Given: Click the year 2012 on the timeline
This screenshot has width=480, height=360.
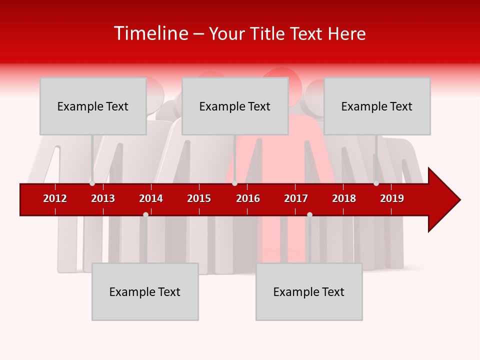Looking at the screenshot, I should [55, 198].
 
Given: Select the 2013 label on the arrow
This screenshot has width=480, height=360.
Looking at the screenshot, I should [103, 198].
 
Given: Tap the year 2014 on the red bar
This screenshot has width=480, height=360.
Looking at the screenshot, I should [151, 198].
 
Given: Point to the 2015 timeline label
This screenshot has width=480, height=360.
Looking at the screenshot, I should [199, 198].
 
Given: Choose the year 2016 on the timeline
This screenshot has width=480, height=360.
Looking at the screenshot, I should [248, 198].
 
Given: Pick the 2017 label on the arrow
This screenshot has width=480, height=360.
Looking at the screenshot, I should [296, 198].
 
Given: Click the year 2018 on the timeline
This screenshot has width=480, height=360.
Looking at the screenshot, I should [344, 198].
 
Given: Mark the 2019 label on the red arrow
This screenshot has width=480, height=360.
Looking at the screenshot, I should [392, 198].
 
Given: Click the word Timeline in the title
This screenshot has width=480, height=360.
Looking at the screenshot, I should [150, 33].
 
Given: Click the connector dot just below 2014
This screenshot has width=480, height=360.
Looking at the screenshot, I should [145, 214].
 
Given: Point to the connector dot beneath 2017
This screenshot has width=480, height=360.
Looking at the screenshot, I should [309, 214].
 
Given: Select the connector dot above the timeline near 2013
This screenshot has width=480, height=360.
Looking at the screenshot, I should [92, 183].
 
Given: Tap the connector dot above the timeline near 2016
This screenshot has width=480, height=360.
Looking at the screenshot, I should [234, 183].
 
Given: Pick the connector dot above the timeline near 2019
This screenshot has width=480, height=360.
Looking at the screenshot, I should [376, 183].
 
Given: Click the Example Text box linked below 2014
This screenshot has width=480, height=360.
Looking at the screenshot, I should [145, 291].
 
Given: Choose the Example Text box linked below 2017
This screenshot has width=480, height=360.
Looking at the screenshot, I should [309, 291].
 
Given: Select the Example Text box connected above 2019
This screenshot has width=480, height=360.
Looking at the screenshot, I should [377, 106].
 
